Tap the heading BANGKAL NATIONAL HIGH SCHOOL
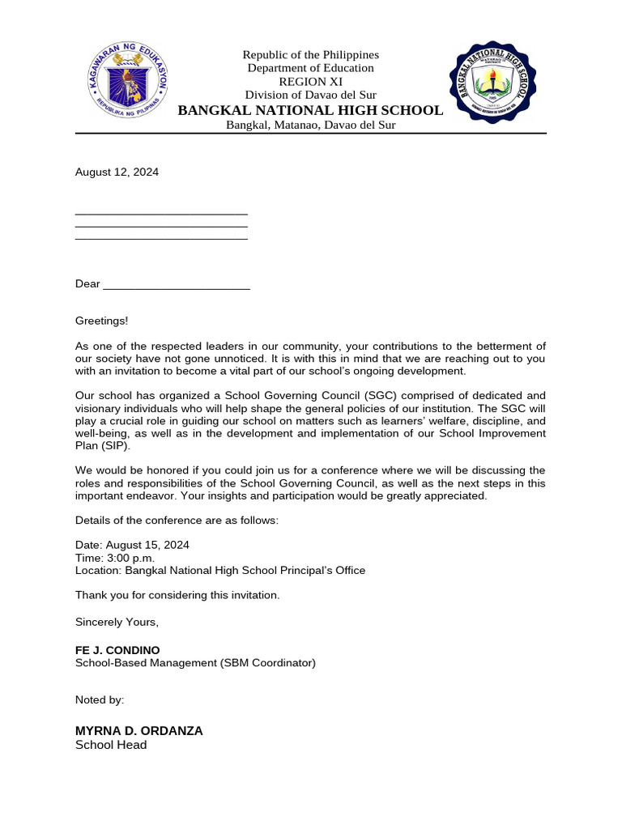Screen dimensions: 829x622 (310, 110)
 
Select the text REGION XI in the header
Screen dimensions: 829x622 (310, 82)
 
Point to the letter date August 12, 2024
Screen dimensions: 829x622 (117, 172)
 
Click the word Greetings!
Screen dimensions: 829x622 (101, 321)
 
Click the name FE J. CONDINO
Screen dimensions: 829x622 (117, 650)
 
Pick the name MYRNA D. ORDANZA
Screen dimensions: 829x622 (138, 730)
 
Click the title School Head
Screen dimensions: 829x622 (111, 745)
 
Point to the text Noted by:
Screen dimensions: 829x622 (100, 699)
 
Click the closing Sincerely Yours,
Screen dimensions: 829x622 (117, 622)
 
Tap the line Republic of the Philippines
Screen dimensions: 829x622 (310, 54)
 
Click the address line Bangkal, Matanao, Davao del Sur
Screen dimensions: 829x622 (310, 125)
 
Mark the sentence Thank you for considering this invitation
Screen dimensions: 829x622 (177, 595)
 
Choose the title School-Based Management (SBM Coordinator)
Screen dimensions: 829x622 (195, 663)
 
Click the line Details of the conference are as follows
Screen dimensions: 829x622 (177, 520)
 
